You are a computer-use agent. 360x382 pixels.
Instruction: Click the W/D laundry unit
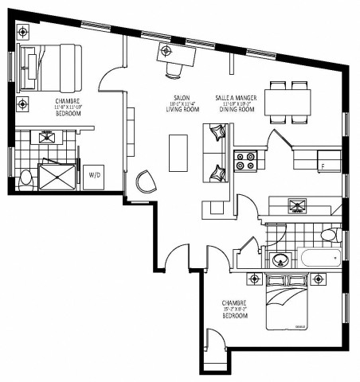pyautogui.click(x=94, y=174)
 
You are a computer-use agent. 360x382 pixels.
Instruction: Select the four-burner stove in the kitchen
pyautogui.click(x=245, y=162)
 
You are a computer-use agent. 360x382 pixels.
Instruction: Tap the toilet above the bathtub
pyautogui.click(x=328, y=235)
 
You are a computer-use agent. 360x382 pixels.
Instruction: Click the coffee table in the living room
pyautogui.click(x=178, y=152)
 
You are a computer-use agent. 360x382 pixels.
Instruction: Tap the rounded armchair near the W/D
pyautogui.click(x=146, y=181)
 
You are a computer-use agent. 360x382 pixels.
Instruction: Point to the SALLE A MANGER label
pyautogui.click(x=235, y=98)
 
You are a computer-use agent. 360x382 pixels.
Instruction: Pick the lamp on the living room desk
pyautogui.click(x=166, y=51)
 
